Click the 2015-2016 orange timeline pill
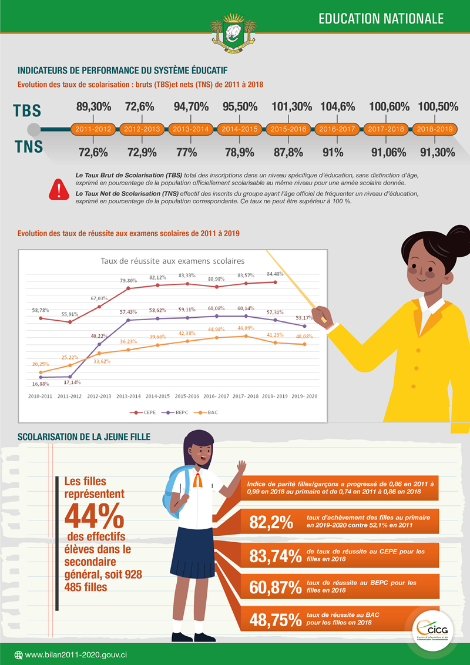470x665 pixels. [289, 129]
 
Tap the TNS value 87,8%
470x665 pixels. [287, 152]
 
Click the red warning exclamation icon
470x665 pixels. [59, 188]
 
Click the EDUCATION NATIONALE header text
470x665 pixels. [381, 19]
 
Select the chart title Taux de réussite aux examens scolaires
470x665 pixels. [173, 261]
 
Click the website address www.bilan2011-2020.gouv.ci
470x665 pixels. [76, 654]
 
